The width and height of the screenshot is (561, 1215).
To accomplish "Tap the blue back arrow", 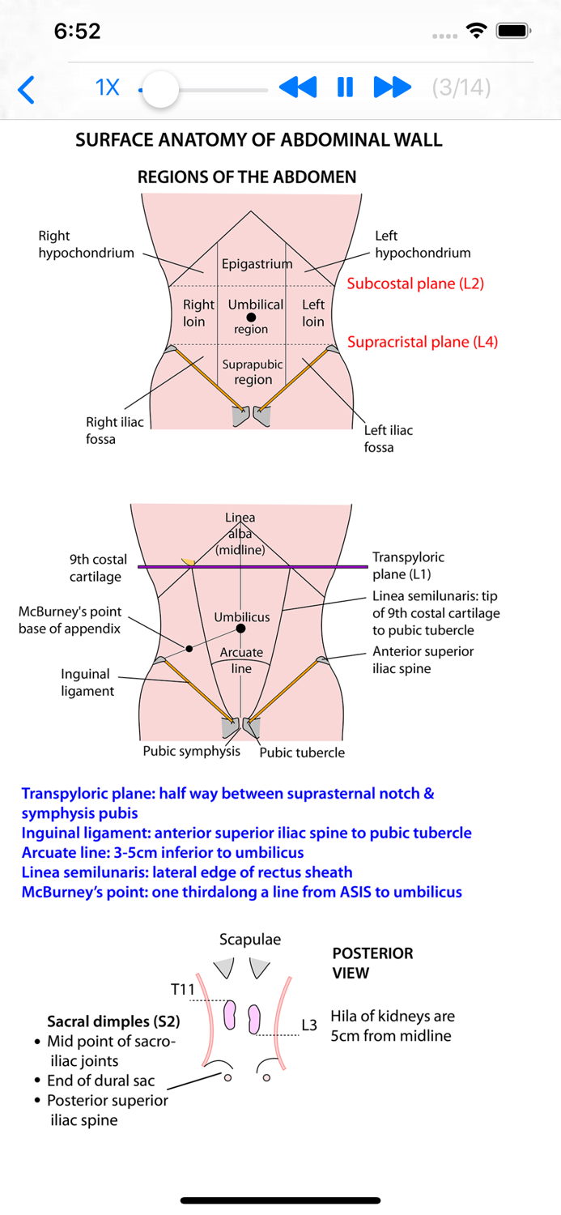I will [27, 89].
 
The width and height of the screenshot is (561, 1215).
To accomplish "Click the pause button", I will [345, 87].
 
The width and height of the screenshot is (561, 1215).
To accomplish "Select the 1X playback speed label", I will [108, 87].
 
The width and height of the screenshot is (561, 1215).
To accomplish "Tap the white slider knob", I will [161, 89].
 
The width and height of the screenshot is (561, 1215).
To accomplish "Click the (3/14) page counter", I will [461, 87].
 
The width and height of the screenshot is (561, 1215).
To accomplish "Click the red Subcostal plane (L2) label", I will [415, 283].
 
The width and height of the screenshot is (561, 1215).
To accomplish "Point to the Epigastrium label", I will [257, 264].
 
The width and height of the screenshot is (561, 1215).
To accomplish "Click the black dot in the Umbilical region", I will [251, 318].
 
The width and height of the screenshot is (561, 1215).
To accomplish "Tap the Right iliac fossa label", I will [114, 431].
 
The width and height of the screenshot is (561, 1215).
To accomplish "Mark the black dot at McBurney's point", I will [189, 648].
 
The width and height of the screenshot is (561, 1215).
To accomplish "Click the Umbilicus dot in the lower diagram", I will [240, 629].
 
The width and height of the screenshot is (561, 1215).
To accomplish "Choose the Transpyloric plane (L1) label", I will [408, 565].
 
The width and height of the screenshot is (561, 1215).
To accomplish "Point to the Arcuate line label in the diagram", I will [241, 660].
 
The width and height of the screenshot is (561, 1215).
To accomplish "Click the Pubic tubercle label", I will [301, 752].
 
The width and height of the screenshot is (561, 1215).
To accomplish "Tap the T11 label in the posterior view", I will [183, 989].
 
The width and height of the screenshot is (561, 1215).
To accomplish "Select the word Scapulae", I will [250, 940].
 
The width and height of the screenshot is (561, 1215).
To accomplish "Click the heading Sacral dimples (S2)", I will [113, 1022].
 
